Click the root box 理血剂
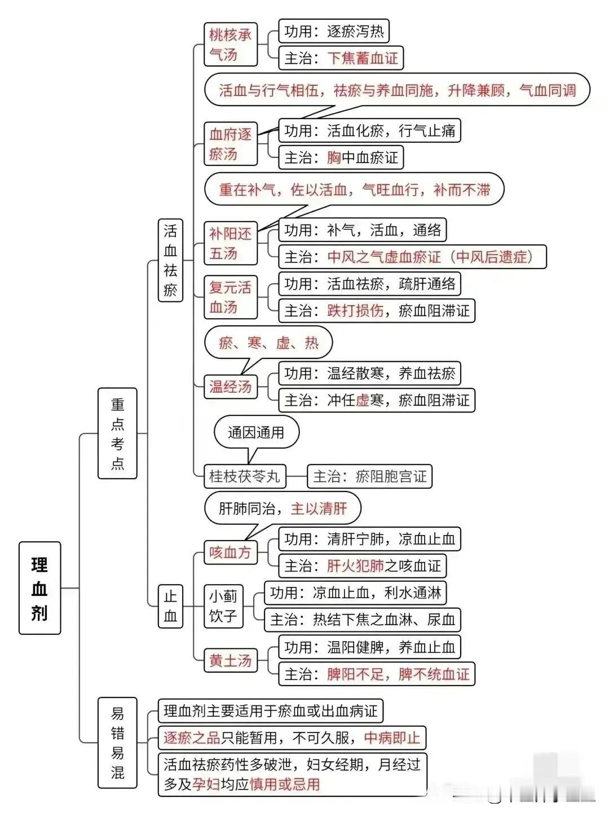39,588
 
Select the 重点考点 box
117,433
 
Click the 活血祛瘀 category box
170,260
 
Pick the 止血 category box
170,606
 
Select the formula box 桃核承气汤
231,44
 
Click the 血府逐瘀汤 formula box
231,143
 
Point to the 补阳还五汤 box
231,243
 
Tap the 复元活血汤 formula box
231,297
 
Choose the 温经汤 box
231,387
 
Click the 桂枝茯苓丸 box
245,476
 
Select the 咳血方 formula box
231,552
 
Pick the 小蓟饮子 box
223,606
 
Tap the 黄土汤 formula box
231,660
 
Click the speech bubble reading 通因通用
257,432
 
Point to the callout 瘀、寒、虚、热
268,343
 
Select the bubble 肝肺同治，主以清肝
283,508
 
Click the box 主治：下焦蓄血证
341,58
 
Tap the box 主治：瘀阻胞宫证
369,476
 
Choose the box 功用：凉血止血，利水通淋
355,593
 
